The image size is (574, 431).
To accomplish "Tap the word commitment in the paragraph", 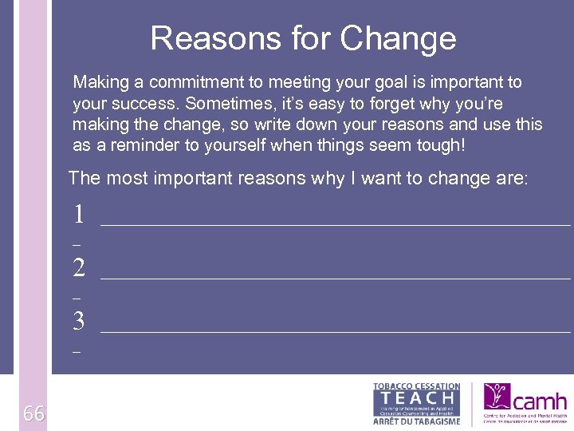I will click(x=187, y=82).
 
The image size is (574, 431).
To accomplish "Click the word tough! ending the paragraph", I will click(x=438, y=145).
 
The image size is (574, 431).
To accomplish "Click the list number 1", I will click(x=78, y=214).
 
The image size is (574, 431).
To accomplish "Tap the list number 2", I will click(x=78, y=267).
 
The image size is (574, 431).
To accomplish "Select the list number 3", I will click(x=78, y=321).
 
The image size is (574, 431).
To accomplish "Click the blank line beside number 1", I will click(x=335, y=224).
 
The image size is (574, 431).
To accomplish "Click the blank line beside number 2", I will click(x=335, y=278).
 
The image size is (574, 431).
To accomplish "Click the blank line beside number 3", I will click(x=335, y=330).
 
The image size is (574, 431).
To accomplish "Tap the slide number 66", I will click(x=33, y=413).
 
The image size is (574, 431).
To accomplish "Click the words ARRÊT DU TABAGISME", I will click(x=416, y=421).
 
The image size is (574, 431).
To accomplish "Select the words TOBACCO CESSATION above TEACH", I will click(x=416, y=386).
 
